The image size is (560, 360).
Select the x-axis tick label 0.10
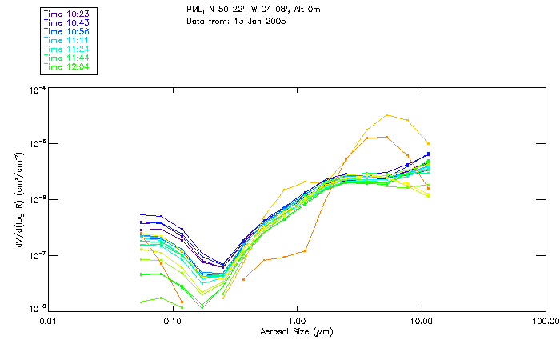tap(173, 320)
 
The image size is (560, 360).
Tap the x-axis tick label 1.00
tap(297, 320)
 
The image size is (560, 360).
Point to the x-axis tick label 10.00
tap(421, 320)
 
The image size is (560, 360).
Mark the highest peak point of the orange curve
tap(388, 115)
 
